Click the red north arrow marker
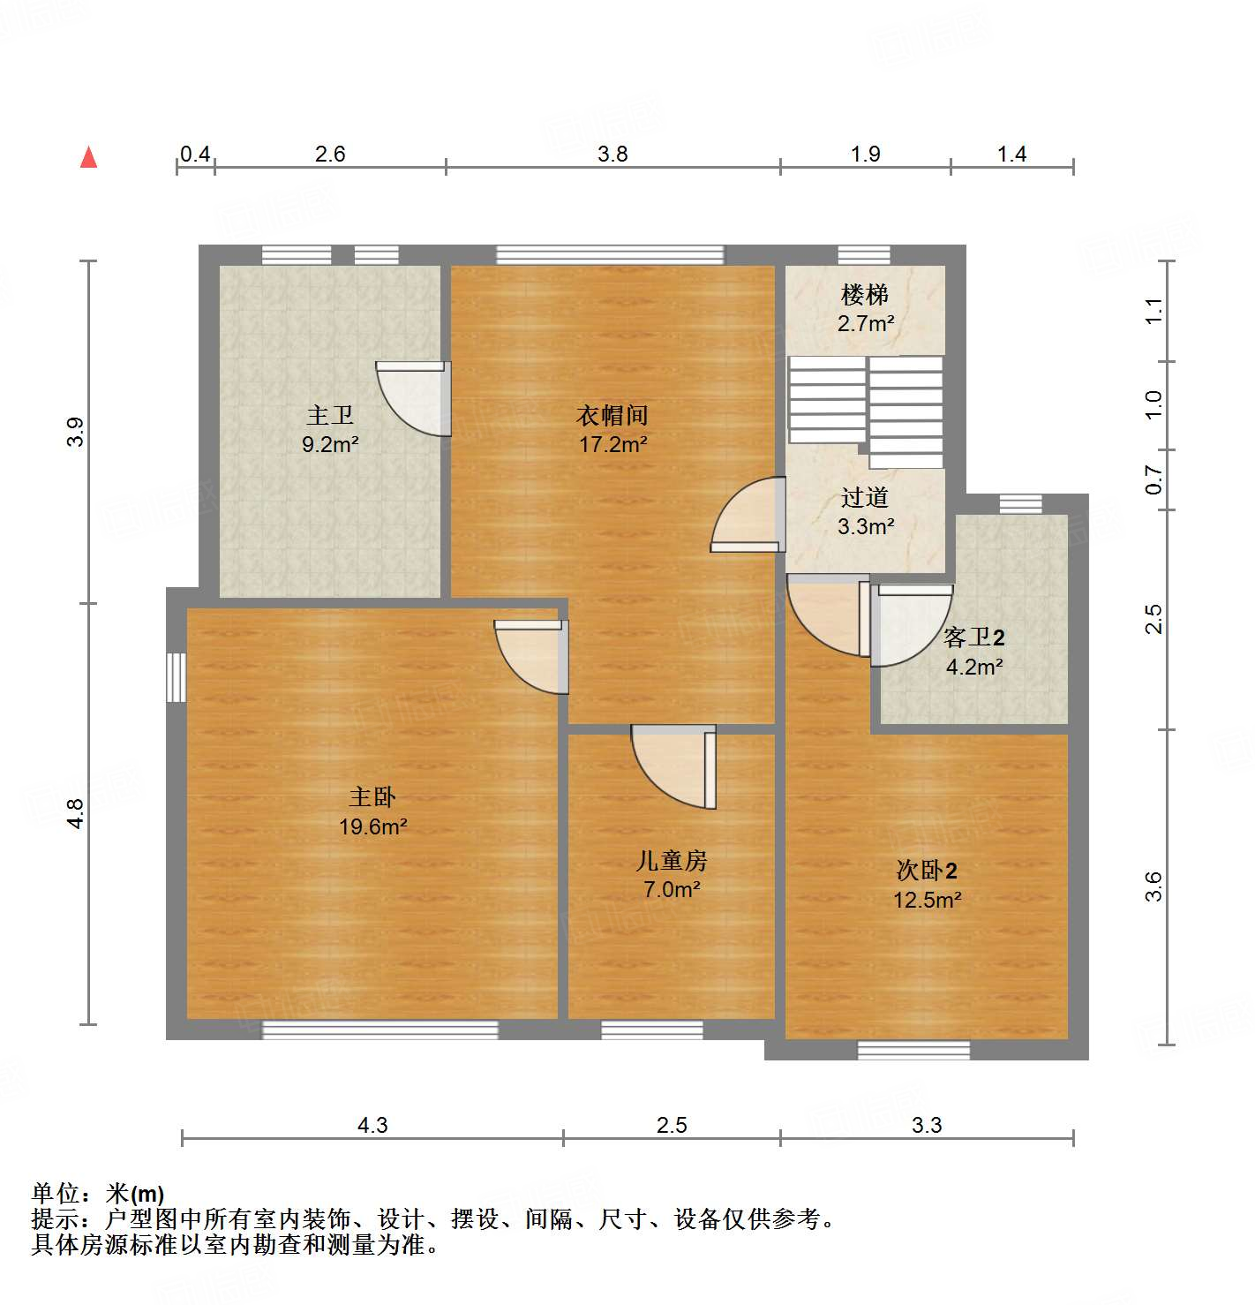88,157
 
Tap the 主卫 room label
330,414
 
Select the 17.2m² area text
612,444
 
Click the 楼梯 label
865,294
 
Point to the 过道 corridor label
865,498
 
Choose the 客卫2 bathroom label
973,637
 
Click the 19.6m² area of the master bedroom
372,827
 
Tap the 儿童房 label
672,860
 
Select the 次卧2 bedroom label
927,871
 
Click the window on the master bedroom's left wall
177,677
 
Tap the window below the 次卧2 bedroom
913,1050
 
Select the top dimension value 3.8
612,155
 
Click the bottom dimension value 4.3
372,1126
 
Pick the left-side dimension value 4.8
76,813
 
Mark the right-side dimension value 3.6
1154,886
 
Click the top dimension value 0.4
195,155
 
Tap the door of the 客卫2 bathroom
909,622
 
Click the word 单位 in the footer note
56,1194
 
